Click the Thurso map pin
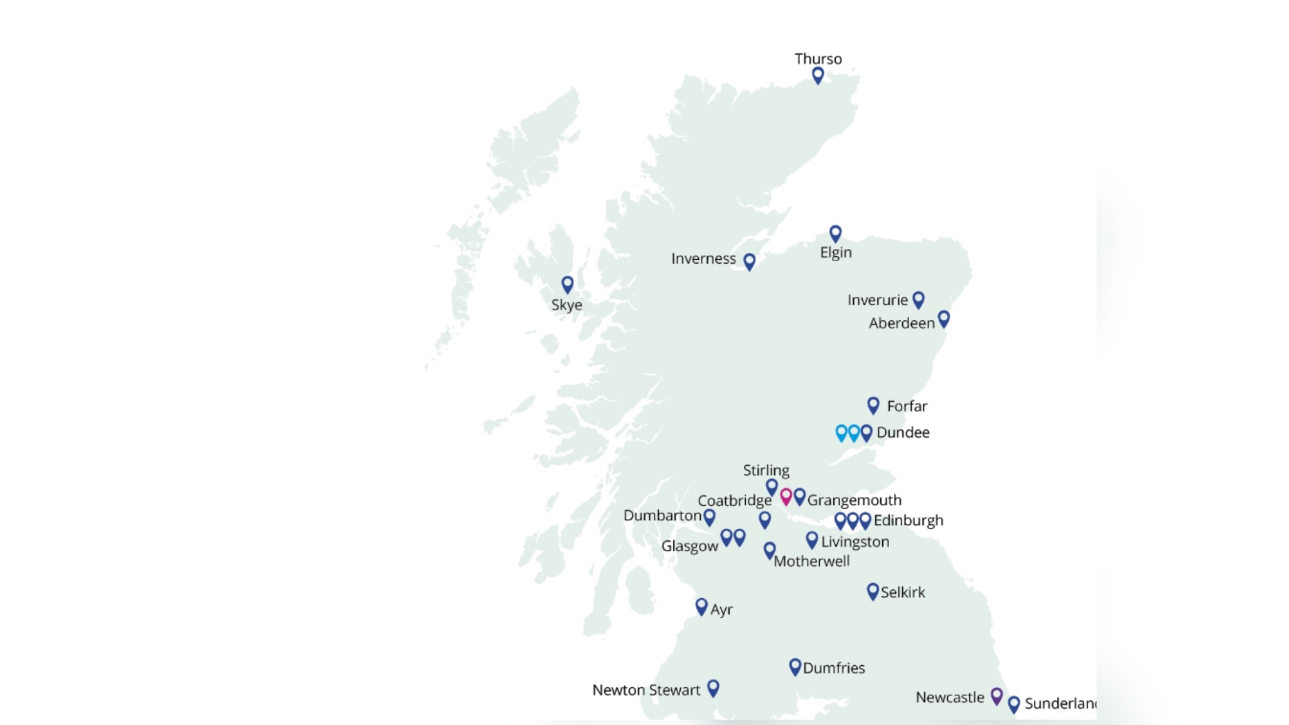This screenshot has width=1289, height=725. (x=818, y=75)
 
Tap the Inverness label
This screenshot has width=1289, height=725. (x=704, y=259)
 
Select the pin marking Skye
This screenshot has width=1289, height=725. (x=567, y=285)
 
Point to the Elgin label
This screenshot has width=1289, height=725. (x=836, y=253)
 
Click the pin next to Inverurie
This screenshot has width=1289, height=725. (x=918, y=299)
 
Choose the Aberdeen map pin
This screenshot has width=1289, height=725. (x=944, y=319)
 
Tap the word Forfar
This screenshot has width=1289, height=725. (x=907, y=406)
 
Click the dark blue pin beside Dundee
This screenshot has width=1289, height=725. (x=867, y=432)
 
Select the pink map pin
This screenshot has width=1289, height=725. (x=786, y=497)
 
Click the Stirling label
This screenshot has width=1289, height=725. (x=766, y=471)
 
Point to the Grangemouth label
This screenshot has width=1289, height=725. (x=854, y=500)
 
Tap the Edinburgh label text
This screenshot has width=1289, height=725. (x=908, y=520)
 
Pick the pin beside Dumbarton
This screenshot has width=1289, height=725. (x=709, y=517)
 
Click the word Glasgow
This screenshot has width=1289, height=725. (x=689, y=546)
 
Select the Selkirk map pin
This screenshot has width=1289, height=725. (x=873, y=591)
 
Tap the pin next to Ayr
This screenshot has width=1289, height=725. (x=702, y=607)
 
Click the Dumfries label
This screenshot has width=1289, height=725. (x=834, y=668)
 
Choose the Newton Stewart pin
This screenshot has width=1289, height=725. (x=714, y=688)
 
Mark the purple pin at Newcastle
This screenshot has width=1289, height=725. (x=997, y=695)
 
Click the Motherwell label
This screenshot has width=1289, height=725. (x=812, y=561)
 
